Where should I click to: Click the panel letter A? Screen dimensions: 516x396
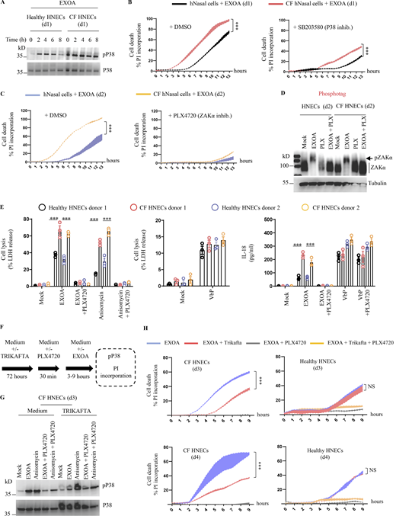click(x=5, y=5)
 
